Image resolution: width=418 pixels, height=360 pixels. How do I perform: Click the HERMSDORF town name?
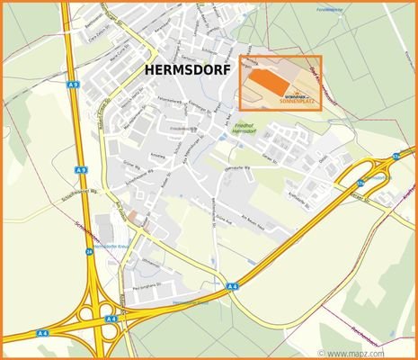185,69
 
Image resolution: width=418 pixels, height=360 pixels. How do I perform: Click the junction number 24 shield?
88,253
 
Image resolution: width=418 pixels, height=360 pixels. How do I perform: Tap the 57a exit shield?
396,155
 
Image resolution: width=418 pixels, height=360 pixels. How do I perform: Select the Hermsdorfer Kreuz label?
114,245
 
